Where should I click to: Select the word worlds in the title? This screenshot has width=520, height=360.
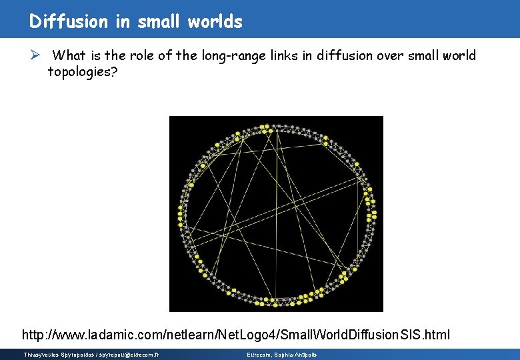point(215,21)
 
